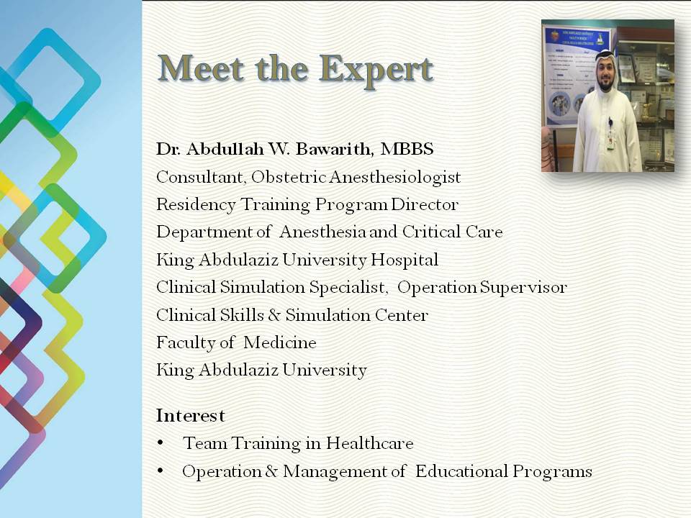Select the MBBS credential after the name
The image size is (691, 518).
[x=407, y=149]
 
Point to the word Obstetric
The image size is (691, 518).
[x=289, y=177]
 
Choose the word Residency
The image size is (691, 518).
[x=196, y=205]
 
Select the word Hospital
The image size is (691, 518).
[x=404, y=260]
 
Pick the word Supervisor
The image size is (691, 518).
[x=523, y=288]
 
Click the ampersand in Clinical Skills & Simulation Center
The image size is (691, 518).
[x=274, y=315]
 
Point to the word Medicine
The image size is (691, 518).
[x=280, y=342]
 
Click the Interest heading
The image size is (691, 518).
[x=190, y=415]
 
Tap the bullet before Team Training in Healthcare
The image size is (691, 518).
[x=160, y=442]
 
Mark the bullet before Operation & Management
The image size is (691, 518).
[x=160, y=471]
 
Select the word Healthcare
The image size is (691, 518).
[x=370, y=443]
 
